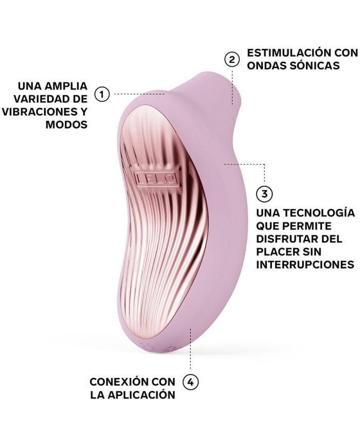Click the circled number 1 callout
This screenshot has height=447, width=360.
[x=102, y=94]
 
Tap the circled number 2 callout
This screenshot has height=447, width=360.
[x=232, y=60]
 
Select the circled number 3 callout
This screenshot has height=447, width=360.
[x=265, y=194]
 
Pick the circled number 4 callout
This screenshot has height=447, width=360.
[x=190, y=382]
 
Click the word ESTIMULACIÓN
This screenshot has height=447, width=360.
[x=287, y=53]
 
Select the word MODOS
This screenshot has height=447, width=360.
[x=66, y=124]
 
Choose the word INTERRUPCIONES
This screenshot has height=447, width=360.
[x=305, y=264]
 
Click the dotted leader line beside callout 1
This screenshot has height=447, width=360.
[x=139, y=94]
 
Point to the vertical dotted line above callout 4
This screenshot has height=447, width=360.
[x=190, y=349]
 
